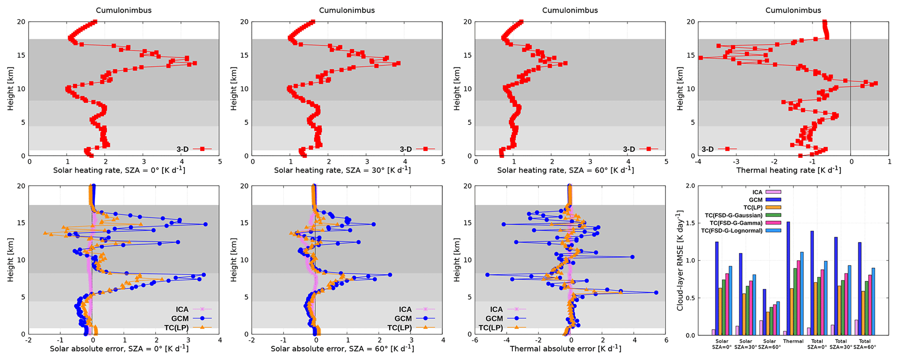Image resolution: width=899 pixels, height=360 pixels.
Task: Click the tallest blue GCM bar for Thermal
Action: [x=789, y=278]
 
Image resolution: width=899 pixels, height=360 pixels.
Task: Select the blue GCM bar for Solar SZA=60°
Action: [x=765, y=312]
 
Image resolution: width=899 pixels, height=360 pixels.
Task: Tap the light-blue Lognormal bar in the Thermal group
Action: [x=802, y=293]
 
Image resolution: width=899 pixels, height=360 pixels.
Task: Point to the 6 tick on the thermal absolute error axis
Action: [x=666, y=340]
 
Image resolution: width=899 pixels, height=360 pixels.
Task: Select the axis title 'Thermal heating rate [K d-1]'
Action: [x=789, y=170]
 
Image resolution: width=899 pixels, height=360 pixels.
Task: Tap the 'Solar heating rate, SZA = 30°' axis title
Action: [x=342, y=170]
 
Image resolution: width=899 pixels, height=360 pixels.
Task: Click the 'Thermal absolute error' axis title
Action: [x=565, y=348]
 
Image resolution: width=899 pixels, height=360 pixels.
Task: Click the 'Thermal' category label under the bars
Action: [x=793, y=341]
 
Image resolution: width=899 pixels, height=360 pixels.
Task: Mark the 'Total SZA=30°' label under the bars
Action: [x=841, y=344]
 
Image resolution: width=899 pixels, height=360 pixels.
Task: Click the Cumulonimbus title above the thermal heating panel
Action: [x=793, y=10]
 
